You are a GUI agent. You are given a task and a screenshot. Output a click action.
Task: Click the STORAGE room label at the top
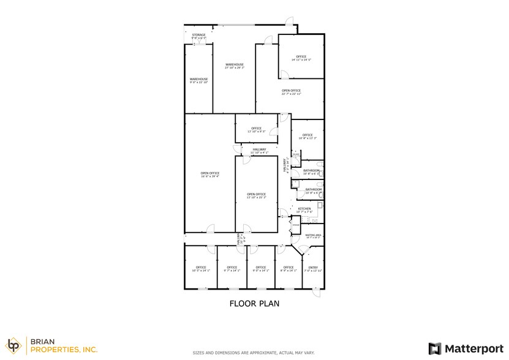[x=198, y=36]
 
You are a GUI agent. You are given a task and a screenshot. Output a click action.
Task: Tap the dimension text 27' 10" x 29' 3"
[x=235, y=68]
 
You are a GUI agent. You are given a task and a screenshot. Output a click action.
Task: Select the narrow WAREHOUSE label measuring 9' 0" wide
[x=198, y=79]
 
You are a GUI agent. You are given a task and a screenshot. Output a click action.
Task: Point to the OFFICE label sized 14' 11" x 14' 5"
[x=301, y=56]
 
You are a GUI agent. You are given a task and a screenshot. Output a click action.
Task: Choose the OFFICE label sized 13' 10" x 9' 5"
[x=256, y=128]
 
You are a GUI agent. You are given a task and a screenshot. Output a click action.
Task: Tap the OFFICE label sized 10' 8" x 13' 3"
[x=307, y=135]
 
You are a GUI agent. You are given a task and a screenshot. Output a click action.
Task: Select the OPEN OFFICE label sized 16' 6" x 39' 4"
[x=209, y=173]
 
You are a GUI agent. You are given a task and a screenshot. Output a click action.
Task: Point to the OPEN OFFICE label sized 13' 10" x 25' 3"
[x=256, y=194]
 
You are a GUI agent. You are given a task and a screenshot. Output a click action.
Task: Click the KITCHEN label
[x=304, y=209]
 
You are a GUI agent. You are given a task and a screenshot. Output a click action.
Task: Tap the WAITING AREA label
[x=312, y=234]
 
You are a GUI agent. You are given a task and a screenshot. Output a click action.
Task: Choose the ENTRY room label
[x=313, y=267]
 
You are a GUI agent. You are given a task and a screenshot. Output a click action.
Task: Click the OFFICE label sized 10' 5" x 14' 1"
[x=200, y=267]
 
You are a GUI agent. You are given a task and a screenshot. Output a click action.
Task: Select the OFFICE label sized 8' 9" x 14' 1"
[x=288, y=267]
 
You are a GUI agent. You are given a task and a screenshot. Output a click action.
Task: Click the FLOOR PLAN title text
[x=255, y=302]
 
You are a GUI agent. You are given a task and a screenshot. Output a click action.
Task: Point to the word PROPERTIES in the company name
[x=63, y=350]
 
